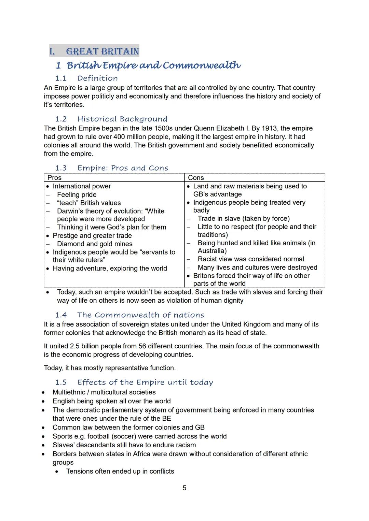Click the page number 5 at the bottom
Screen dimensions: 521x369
(x=184, y=488)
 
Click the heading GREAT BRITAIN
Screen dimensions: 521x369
(x=102, y=52)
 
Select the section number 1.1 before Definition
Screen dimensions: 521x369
(x=61, y=78)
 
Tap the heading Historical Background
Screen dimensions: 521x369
(x=122, y=119)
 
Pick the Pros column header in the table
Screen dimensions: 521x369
(x=55, y=178)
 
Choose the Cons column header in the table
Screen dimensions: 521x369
(x=196, y=178)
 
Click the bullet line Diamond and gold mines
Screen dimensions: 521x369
(x=95, y=244)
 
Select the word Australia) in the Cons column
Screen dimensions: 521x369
(x=212, y=251)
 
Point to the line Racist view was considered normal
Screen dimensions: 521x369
(x=251, y=259)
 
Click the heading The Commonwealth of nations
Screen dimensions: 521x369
(x=140, y=315)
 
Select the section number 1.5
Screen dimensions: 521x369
(x=61, y=382)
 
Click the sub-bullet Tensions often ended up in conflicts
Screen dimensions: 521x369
(x=120, y=471)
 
